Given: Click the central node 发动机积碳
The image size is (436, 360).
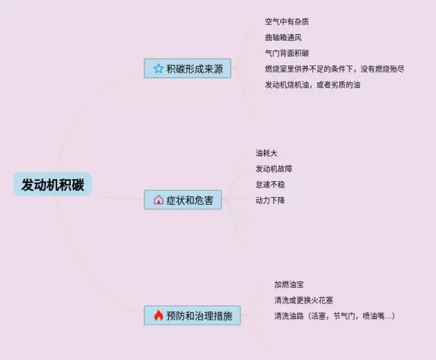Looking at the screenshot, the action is click(x=52, y=185).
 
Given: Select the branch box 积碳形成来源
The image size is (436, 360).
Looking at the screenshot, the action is click(x=188, y=68).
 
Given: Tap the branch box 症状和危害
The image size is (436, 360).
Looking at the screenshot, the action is click(x=183, y=200).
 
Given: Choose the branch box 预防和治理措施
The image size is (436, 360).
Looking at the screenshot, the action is click(x=192, y=316).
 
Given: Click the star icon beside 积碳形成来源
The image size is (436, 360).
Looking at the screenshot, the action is click(x=159, y=68).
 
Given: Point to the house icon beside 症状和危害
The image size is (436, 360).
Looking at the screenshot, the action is click(x=159, y=200).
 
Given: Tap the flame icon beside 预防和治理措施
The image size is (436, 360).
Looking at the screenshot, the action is click(x=158, y=316).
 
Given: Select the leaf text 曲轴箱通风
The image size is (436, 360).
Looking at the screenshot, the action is click(x=283, y=37).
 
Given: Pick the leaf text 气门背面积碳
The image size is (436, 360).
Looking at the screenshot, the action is click(x=287, y=53).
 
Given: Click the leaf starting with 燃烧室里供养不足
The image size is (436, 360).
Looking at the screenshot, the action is click(x=334, y=69).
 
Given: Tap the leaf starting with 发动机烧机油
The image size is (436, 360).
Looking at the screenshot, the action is click(x=313, y=85).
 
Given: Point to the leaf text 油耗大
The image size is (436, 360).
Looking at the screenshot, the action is click(x=266, y=153).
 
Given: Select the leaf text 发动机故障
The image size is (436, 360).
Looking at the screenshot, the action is click(x=274, y=168).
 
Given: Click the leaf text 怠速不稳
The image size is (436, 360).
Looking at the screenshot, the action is click(x=270, y=185).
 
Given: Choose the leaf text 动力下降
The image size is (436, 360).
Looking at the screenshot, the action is click(x=270, y=200).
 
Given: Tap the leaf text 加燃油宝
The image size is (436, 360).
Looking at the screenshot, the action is click(x=289, y=284).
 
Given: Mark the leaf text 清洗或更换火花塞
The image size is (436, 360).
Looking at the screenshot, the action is click(x=303, y=300).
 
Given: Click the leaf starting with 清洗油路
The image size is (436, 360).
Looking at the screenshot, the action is click(x=334, y=316).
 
